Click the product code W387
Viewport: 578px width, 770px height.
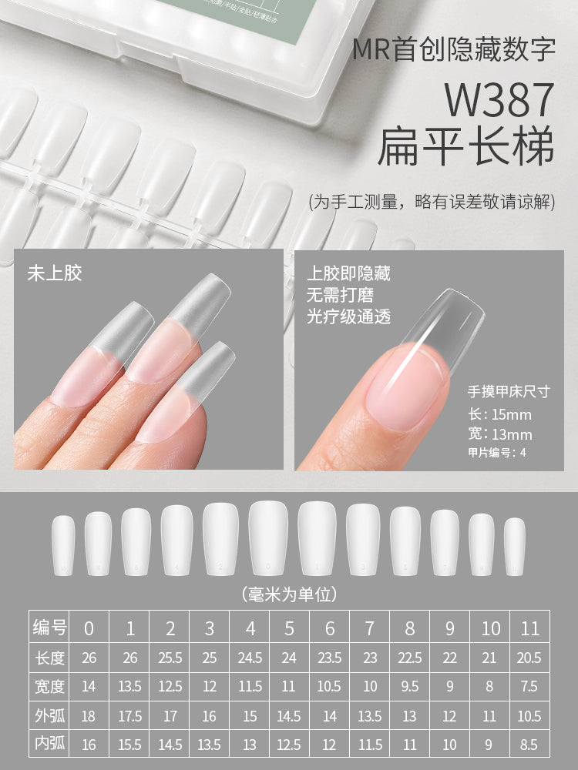(x=499, y=100)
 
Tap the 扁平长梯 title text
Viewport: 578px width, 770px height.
(x=465, y=149)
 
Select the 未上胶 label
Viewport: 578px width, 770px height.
(x=55, y=273)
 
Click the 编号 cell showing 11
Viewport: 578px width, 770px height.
(x=530, y=628)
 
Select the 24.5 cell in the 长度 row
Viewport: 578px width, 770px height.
(x=250, y=658)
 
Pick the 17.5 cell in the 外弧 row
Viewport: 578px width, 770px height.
(x=129, y=716)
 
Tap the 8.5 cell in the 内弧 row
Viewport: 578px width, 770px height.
(x=530, y=745)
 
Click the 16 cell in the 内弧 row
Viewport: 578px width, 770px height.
(x=89, y=745)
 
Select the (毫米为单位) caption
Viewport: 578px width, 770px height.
(x=289, y=594)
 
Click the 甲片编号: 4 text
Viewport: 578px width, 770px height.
(x=497, y=453)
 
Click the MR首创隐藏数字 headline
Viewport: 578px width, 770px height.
(x=454, y=51)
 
